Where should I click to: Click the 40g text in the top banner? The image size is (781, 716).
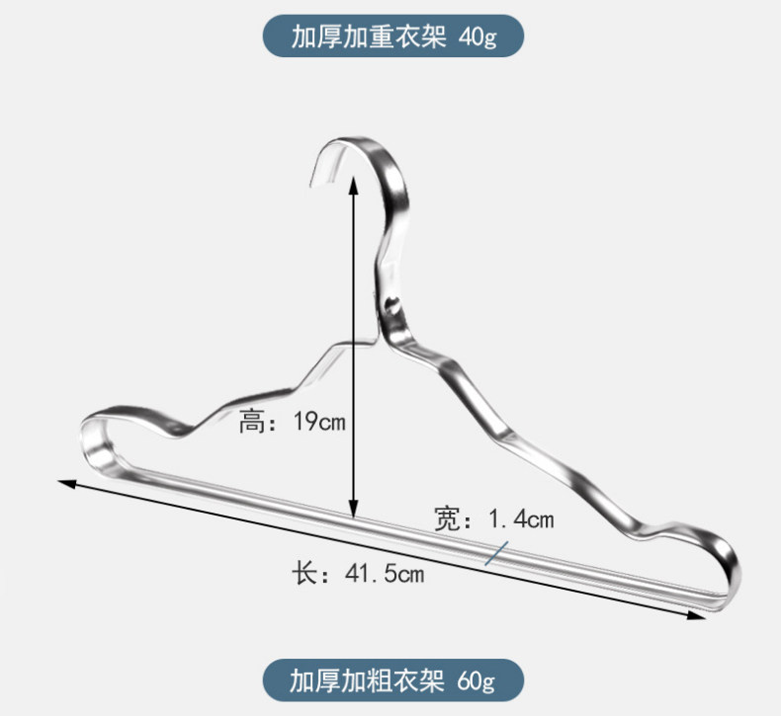coord(477,38)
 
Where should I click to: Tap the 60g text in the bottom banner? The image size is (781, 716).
coord(476,680)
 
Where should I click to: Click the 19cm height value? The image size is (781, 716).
coord(319,423)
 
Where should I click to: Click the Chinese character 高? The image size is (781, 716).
coord(252,424)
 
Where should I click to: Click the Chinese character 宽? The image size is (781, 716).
coord(446,518)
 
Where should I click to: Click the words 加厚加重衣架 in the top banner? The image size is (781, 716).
coord(371,38)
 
